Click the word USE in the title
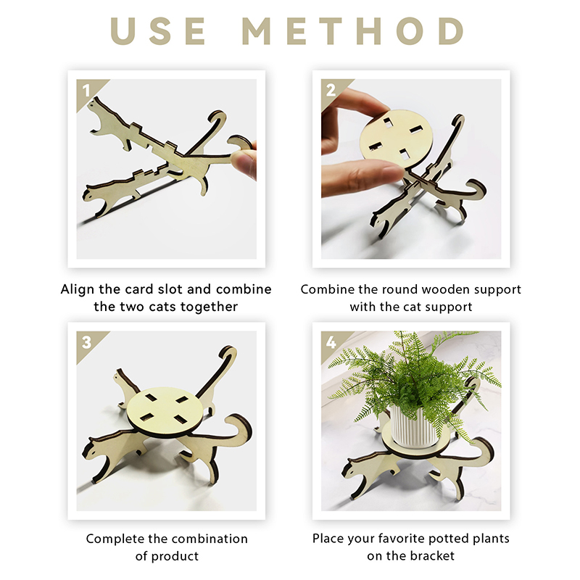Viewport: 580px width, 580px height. click(x=158, y=31)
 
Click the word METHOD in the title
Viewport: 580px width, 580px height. click(x=353, y=31)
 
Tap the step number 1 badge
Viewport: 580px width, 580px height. click(x=87, y=91)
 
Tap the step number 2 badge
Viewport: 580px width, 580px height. click(x=331, y=90)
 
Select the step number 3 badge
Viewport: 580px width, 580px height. click(x=87, y=342)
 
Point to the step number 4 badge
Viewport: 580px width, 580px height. click(x=331, y=342)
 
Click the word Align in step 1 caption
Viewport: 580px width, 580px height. click(x=78, y=289)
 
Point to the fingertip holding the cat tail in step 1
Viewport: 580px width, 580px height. click(x=243, y=162)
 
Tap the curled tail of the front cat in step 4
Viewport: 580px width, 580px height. click(x=483, y=449)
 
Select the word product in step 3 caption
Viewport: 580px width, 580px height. click(x=175, y=556)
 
